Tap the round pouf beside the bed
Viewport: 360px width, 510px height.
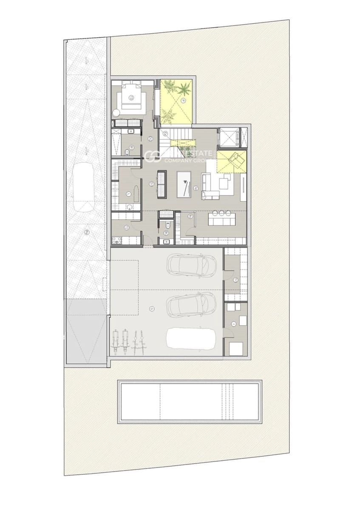pyautogui.click(x=116, y=113)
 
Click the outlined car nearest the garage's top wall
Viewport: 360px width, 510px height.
pyautogui.click(x=187, y=264)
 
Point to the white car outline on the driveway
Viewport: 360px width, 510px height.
pyautogui.click(x=84, y=188)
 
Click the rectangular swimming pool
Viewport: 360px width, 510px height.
pyautogui.click(x=189, y=401)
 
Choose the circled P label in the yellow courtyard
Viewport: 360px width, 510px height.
pyautogui.click(x=184, y=100)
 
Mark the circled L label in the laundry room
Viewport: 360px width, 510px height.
pyautogui.click(x=128, y=194)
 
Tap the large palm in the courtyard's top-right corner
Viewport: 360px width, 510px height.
pyautogui.click(x=185, y=89)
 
